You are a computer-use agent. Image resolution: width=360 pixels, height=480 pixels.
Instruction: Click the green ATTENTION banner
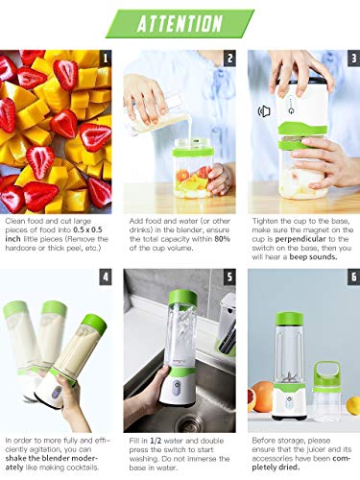[180, 24]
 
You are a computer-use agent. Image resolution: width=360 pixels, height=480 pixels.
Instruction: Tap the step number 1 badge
[106, 59]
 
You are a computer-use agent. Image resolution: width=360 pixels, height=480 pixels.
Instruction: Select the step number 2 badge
[229, 59]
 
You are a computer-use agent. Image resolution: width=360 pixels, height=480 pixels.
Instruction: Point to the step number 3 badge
[353, 59]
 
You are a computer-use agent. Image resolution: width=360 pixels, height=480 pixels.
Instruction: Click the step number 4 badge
[106, 277]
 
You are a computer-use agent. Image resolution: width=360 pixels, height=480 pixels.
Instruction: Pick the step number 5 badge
[229, 277]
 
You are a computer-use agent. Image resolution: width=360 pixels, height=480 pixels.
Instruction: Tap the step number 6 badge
[353, 277]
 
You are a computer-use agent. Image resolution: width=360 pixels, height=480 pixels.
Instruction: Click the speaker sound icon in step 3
[264, 111]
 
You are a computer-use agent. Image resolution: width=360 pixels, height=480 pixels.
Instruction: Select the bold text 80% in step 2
[223, 239]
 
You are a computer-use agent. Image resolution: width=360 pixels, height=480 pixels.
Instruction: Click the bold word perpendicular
[300, 239]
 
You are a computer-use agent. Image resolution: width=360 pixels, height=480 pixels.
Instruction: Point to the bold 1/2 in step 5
[156, 441]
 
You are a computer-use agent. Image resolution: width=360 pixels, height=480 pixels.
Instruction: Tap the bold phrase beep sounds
[313, 257]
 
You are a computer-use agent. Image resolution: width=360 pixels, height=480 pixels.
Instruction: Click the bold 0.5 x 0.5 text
[87, 229]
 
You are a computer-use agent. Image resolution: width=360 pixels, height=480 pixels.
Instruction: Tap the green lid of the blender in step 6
[289, 318]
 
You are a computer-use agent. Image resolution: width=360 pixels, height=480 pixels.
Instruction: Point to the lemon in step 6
[353, 405]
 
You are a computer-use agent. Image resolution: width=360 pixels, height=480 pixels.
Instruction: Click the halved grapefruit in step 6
[260, 396]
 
